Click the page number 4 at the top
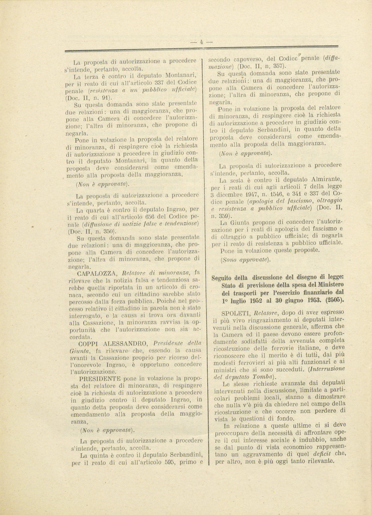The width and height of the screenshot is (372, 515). point(201,42)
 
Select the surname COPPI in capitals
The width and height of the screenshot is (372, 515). point(86,343)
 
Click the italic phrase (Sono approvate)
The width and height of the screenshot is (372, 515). point(245,260)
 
